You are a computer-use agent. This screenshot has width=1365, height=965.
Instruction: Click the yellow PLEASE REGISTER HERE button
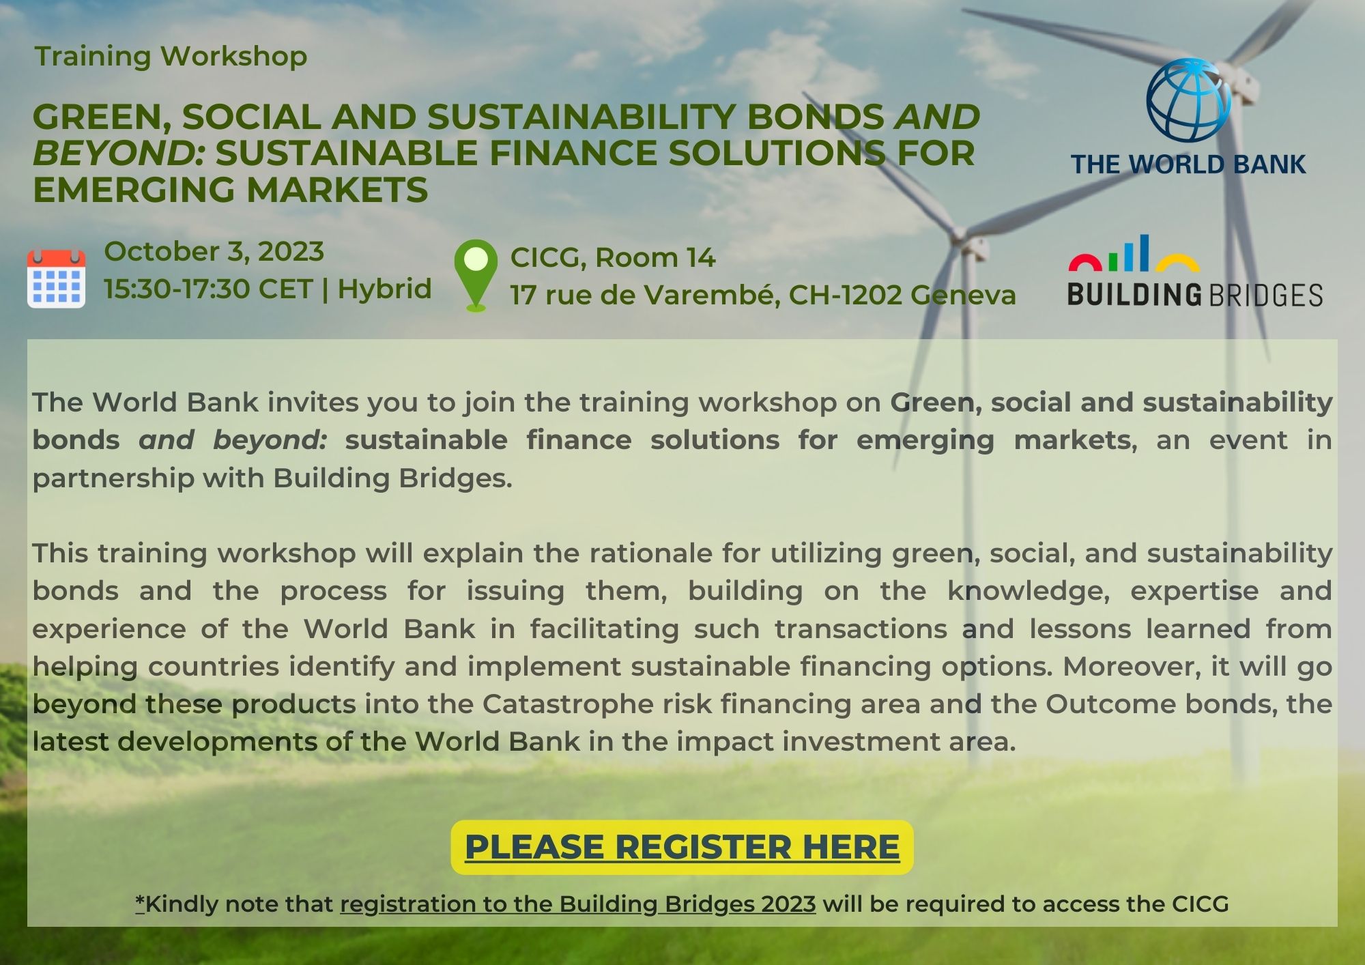coord(682,847)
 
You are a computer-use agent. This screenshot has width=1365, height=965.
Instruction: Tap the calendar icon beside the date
coord(56,278)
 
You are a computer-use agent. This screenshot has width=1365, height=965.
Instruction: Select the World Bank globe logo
coord(1188,100)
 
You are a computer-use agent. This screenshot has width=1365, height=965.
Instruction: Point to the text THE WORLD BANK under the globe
coord(1188,164)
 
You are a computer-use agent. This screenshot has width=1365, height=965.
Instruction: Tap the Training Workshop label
coord(171,57)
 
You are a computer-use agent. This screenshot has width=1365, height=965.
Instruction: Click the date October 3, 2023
coord(214,252)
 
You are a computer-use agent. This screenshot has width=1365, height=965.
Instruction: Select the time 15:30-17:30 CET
coord(208,289)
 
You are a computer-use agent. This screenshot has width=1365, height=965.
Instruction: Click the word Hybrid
coord(384,290)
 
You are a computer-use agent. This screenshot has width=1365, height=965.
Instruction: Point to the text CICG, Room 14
coord(613,258)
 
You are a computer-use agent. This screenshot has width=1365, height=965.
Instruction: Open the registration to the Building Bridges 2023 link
coord(578,904)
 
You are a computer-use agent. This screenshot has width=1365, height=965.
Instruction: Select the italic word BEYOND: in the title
coord(119,153)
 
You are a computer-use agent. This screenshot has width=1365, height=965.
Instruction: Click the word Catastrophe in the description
coord(568,704)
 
